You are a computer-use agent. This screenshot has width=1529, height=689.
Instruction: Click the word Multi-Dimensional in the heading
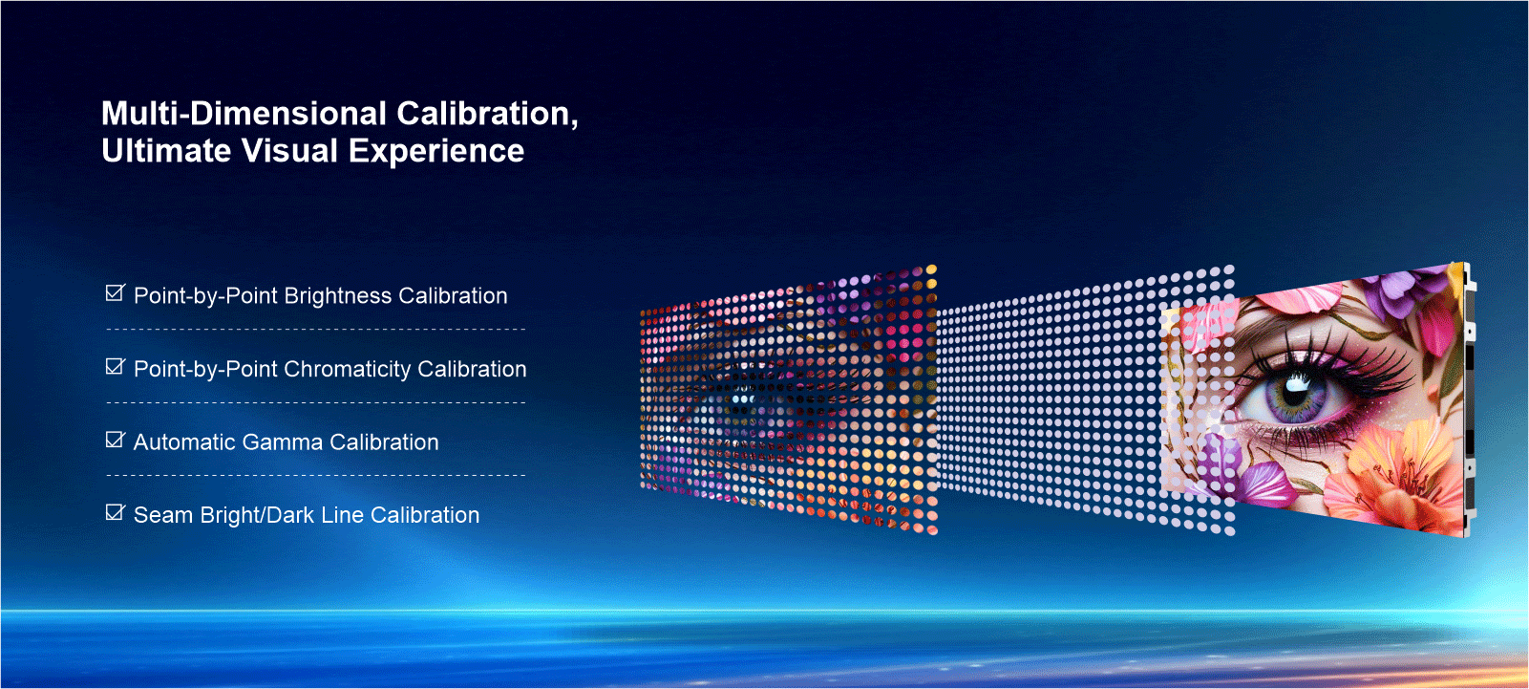point(244,114)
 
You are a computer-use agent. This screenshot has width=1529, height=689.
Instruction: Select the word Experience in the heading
point(436,151)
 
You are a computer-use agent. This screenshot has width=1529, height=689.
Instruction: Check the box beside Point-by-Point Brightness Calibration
point(116,293)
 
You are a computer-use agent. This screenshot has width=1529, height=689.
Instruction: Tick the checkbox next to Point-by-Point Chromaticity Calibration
point(116,367)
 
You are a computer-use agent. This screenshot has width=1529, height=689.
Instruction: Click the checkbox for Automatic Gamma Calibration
point(116,440)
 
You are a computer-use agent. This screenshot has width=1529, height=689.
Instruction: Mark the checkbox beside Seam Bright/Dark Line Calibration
point(116,512)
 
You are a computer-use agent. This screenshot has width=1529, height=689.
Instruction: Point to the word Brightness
point(338,296)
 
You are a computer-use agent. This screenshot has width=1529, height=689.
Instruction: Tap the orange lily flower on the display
point(1399,471)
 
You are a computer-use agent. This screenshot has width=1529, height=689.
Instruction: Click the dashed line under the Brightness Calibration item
point(316,329)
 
